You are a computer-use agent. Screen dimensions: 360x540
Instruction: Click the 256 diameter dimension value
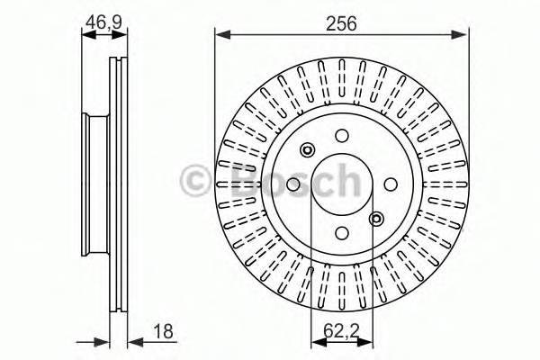coord(342,24)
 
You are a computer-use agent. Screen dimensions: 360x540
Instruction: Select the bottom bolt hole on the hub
coord(341,232)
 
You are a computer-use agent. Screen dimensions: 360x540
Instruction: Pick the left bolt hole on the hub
coord(292,184)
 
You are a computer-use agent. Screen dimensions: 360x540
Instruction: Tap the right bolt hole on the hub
coord(390,184)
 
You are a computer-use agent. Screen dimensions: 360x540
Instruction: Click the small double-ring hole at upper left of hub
coord(307,149)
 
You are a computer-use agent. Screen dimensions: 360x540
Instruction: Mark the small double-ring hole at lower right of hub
coord(376,218)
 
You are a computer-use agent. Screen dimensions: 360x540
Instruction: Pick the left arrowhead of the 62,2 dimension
coord(315,340)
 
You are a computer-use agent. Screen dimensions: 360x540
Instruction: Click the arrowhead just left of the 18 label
coord(131,340)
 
